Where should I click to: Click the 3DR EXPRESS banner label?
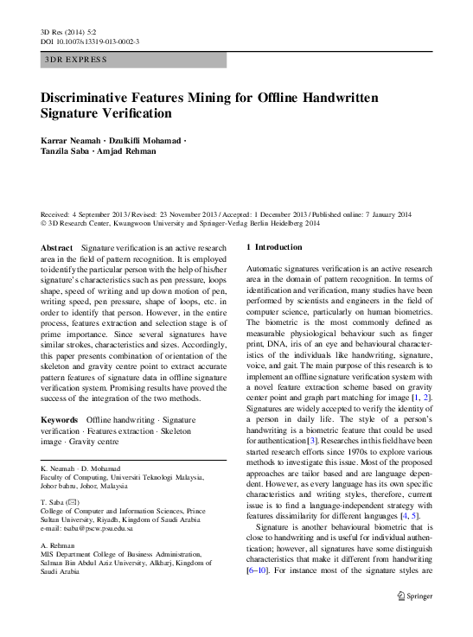pyautogui.click(x=75, y=60)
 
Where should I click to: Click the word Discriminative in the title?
pyautogui.click(x=93, y=98)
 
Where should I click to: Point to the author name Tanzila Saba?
pyautogui.click(x=67, y=152)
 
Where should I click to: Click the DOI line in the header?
pyautogui.click(x=90, y=41)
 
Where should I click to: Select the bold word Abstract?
pyautogui.click(x=56, y=247)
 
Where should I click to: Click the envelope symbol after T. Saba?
pyautogui.click(x=79, y=501)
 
